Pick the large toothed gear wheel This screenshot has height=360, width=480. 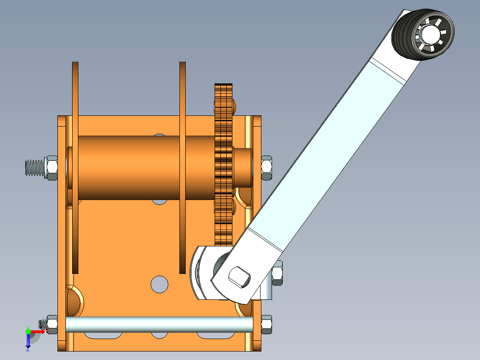224,165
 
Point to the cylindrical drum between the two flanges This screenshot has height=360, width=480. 129,167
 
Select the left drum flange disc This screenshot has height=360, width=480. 75,167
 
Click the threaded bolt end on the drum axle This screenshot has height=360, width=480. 34,168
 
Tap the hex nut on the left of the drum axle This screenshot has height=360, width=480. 51,168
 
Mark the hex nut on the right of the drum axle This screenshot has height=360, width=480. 266,168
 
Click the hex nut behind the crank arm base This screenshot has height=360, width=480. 277,273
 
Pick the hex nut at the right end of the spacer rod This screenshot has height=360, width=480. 266,324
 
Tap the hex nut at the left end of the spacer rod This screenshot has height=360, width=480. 52,324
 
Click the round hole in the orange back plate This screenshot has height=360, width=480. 159,284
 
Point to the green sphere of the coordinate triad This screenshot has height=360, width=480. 28,331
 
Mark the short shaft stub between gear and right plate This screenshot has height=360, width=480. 242,167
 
